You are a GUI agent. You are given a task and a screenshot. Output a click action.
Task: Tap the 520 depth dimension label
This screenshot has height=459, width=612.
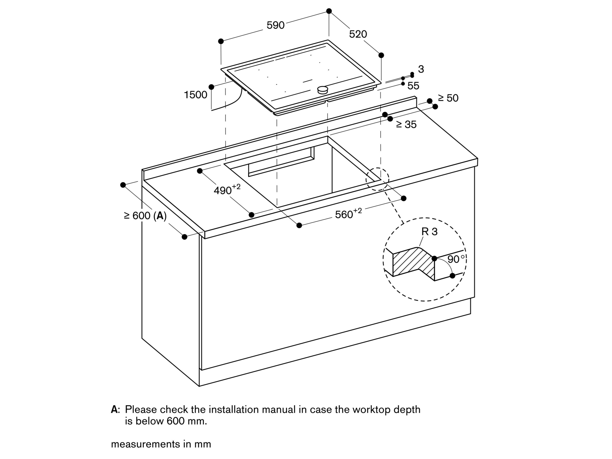coord(358,34)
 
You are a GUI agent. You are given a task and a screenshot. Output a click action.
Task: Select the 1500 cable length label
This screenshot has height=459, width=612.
coord(195,95)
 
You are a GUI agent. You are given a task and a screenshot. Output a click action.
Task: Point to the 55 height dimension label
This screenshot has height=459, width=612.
coord(413,86)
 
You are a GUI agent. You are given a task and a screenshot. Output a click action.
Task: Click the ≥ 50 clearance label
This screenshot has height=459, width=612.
coord(448,98)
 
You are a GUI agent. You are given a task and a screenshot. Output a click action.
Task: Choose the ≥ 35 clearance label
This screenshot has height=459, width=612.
coord(406,125)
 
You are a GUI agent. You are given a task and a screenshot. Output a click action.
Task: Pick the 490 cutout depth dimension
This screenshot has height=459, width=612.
coord(227,190)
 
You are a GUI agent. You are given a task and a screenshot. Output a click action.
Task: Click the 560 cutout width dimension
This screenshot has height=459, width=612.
coord(348,214)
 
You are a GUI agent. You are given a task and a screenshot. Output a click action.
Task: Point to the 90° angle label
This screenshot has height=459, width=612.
coord(456,259)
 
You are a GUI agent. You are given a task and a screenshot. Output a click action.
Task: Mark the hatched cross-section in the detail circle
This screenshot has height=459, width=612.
coord(412,263)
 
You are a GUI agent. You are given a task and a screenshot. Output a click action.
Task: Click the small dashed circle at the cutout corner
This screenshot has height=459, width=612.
coord(377,179)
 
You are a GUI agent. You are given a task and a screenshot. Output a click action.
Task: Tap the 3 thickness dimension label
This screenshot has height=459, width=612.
coord(421,69)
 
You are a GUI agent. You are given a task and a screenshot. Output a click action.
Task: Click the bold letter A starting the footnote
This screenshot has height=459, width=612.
coord(115,409)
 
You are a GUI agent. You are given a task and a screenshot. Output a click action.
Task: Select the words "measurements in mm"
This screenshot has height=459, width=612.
coord(161,444)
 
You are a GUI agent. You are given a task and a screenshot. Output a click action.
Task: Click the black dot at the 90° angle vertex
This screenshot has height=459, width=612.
coord(434,258)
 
